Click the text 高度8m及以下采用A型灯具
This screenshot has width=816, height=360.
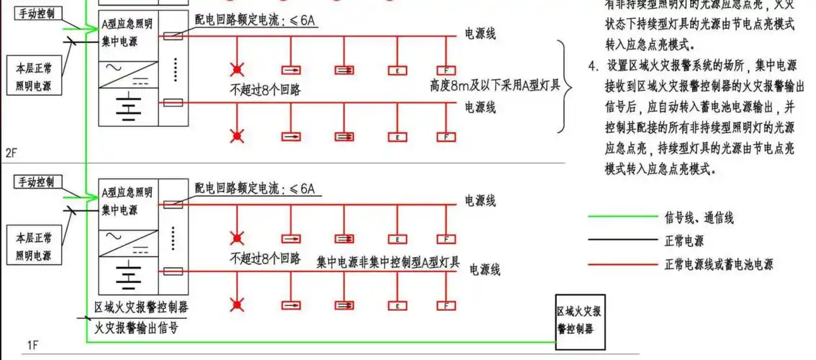coord(494,86)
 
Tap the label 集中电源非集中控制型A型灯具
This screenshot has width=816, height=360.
coord(388,259)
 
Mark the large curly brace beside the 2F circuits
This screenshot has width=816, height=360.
coord(564,86)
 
